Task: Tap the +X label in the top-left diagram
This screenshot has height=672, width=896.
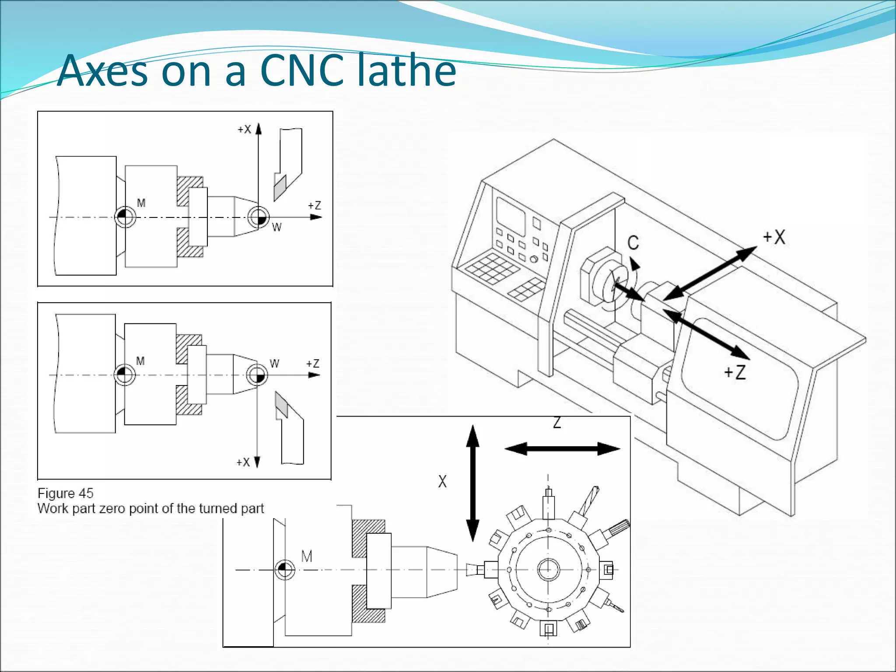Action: [244, 129]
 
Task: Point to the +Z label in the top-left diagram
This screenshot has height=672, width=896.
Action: [314, 205]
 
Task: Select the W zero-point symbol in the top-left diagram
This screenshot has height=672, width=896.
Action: [258, 217]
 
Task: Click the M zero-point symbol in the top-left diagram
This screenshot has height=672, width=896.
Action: [125, 217]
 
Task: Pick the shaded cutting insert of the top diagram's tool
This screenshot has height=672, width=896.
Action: [280, 187]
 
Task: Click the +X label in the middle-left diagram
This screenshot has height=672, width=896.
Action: [243, 462]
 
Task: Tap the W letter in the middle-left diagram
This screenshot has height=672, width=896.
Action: [274, 364]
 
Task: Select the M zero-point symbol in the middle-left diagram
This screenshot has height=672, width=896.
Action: [124, 375]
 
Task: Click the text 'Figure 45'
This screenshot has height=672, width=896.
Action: [66, 493]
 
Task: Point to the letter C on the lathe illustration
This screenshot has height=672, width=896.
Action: [633, 243]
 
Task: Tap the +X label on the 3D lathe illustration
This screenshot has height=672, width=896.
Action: [774, 237]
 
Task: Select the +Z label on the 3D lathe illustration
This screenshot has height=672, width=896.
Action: [735, 372]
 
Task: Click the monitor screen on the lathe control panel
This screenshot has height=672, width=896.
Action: [510, 214]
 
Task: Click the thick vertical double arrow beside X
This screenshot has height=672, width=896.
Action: [472, 483]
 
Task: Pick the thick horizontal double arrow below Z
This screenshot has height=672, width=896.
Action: [562, 449]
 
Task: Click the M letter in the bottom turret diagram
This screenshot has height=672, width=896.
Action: [307, 556]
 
